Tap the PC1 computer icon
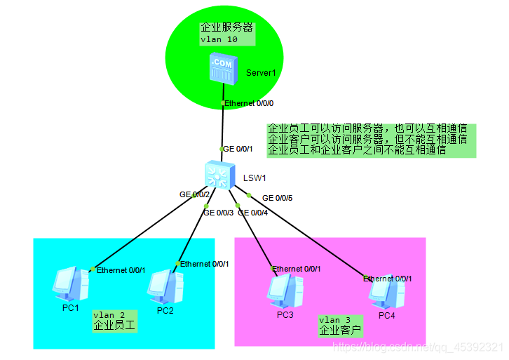[71, 285]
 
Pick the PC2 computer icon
[168, 286]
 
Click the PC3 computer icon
[284, 290]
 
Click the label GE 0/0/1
[238, 149]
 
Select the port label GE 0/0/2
[194, 194]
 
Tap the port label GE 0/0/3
[218, 213]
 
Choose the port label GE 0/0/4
[252, 213]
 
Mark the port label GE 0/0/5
[277, 198]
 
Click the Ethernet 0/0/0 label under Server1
[249, 103]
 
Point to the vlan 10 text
[219, 39]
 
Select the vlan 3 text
[334, 319]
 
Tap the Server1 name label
[261, 73]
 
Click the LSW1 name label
[254, 178]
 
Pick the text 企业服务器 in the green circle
[226, 28]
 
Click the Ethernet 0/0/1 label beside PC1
[121, 270]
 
